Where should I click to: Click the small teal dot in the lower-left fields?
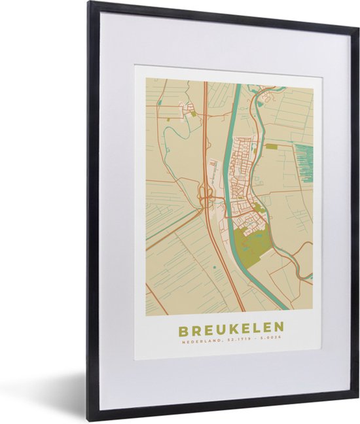coord(215,268)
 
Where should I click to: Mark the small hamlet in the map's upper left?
coord(189,109)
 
